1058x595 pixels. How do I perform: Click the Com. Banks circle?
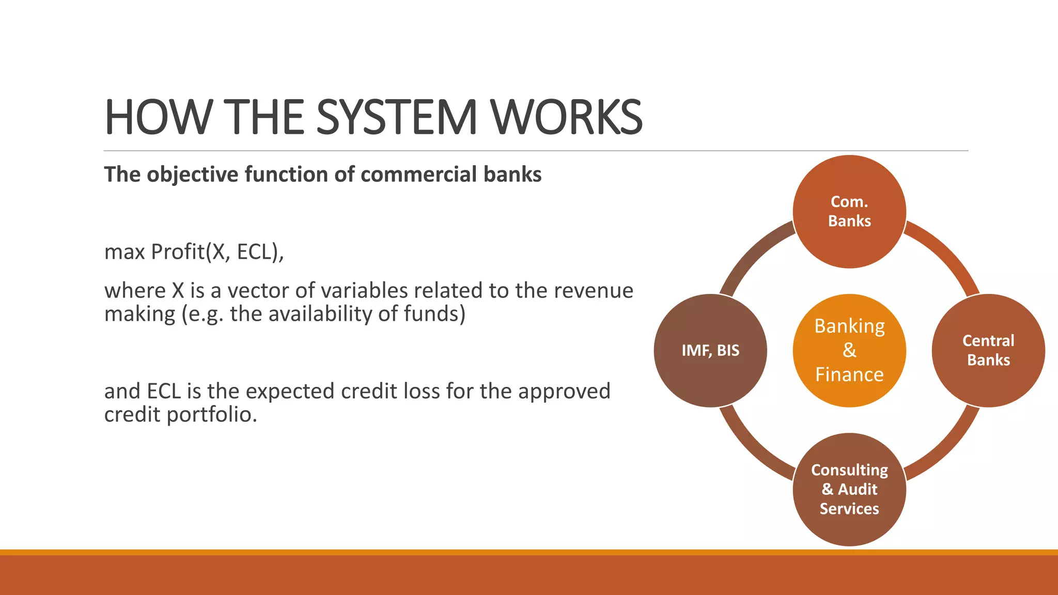(849, 211)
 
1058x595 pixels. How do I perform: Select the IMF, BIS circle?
(710, 350)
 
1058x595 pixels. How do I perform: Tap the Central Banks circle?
(988, 350)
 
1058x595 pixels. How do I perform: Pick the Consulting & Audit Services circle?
(849, 489)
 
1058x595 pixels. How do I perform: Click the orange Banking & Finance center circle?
(849, 350)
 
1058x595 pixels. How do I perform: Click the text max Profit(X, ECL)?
(194, 252)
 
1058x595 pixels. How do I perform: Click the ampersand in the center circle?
(849, 350)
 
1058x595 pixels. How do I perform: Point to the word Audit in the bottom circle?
(858, 489)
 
